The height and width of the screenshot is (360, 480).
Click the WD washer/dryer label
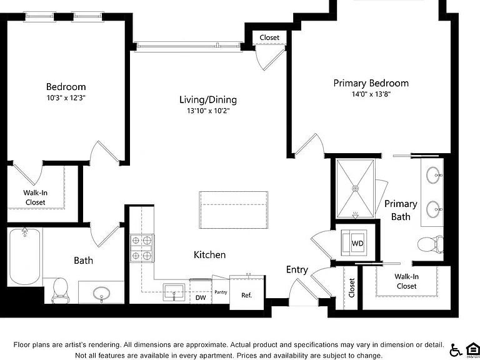357,244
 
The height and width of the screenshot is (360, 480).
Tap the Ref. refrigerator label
246,296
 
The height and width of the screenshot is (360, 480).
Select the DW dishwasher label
201,297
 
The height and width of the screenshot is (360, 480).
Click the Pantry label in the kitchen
221,292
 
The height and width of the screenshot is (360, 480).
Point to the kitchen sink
174,292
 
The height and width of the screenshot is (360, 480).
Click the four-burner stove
142,248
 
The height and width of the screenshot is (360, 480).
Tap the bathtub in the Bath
24,256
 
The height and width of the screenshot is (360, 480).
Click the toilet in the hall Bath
60,289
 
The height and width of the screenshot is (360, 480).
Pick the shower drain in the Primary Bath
355,188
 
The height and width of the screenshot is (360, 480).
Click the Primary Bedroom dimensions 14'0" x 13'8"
371,94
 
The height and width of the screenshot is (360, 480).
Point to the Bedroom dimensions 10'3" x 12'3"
66,98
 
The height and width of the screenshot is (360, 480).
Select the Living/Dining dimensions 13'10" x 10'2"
208,111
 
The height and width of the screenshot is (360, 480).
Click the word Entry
297,270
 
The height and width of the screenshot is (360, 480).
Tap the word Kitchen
210,255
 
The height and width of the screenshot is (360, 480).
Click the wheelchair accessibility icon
456,350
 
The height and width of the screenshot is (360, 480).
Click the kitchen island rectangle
234,210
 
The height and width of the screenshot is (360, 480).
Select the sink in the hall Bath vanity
102,293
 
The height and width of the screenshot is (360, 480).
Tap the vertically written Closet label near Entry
351,287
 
